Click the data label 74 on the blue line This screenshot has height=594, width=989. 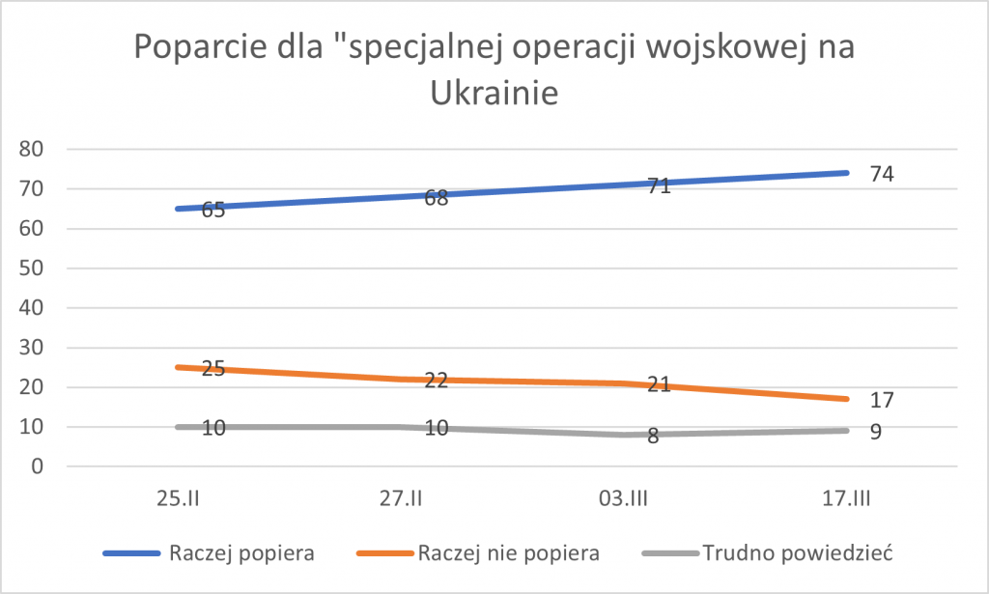[x=882, y=175]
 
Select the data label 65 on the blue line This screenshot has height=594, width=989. [x=213, y=210]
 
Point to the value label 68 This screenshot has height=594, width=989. [x=437, y=198]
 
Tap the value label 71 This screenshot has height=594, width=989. [x=659, y=186]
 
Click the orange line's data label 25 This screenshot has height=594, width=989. [x=213, y=369]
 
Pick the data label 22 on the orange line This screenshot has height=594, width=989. [x=437, y=381]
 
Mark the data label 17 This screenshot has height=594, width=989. [x=882, y=400]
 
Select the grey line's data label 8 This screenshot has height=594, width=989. [x=653, y=436]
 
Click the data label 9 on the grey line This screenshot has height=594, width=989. [x=876, y=432]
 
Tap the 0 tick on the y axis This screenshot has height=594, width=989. [x=39, y=467]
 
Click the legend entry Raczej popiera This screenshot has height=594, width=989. [x=241, y=553]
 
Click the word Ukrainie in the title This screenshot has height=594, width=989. [x=494, y=94]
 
